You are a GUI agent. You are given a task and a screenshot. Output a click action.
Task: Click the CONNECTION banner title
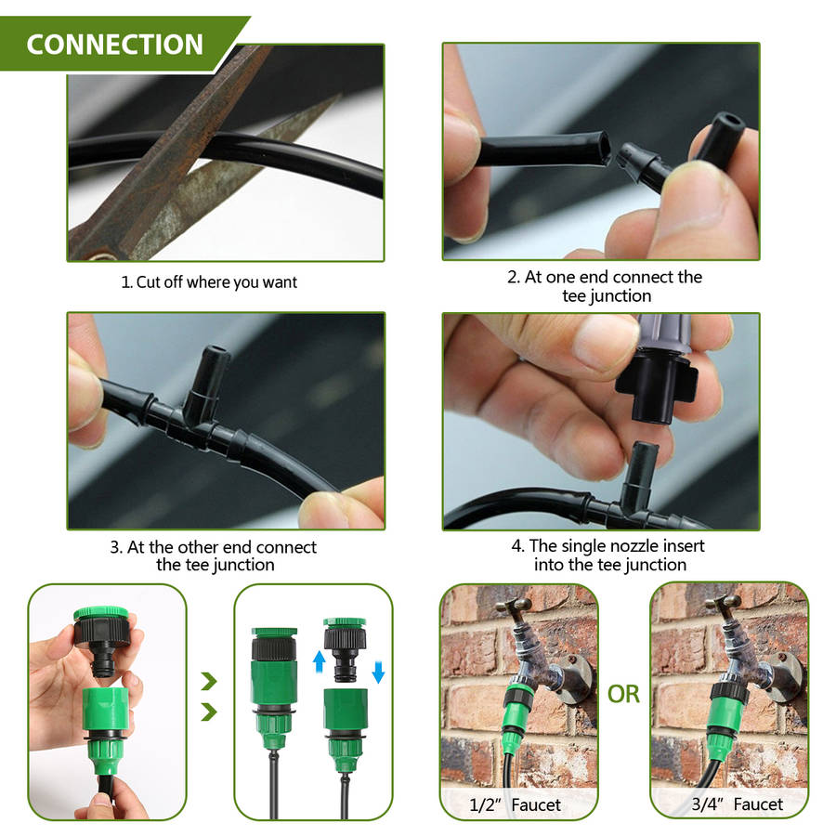(x=114, y=45)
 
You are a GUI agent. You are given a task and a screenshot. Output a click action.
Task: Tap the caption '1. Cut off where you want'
(x=209, y=282)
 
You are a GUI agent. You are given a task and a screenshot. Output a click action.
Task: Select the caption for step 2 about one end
(x=605, y=286)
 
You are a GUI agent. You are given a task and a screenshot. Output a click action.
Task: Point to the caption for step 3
(x=214, y=555)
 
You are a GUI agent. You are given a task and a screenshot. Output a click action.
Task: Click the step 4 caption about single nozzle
(x=608, y=555)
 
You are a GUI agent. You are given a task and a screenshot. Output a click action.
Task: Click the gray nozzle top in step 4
(x=664, y=333)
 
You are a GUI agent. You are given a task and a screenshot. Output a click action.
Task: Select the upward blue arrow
(x=319, y=661)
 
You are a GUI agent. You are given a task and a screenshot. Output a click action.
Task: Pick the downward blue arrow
(x=378, y=673)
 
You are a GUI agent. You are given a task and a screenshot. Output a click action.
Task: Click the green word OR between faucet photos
(x=623, y=694)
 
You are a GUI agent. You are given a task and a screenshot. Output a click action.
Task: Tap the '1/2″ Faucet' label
(x=515, y=804)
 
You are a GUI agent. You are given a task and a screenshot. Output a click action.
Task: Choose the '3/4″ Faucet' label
(x=737, y=804)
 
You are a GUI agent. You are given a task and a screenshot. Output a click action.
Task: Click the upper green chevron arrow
(x=209, y=681)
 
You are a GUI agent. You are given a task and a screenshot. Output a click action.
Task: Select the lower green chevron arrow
(x=209, y=712)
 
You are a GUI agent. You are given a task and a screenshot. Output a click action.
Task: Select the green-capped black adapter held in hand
(x=103, y=639)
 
